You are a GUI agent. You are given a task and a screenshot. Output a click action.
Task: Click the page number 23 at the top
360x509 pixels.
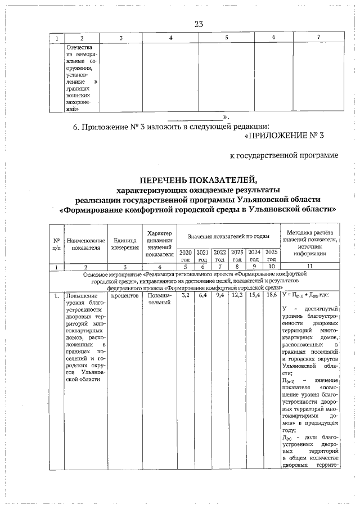click(198, 24)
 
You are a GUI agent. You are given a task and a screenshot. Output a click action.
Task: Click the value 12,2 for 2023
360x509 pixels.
click(237, 295)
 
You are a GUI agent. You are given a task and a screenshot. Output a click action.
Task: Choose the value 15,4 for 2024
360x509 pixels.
click(254, 295)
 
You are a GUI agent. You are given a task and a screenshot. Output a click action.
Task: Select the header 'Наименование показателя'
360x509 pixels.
click(85, 244)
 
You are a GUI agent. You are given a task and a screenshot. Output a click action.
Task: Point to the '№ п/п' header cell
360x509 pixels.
click(57, 244)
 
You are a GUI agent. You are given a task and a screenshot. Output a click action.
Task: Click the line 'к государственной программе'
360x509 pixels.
click(284, 155)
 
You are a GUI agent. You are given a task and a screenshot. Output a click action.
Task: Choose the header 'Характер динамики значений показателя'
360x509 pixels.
click(159, 244)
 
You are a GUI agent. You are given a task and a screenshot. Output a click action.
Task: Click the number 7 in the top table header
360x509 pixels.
click(318, 37)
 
